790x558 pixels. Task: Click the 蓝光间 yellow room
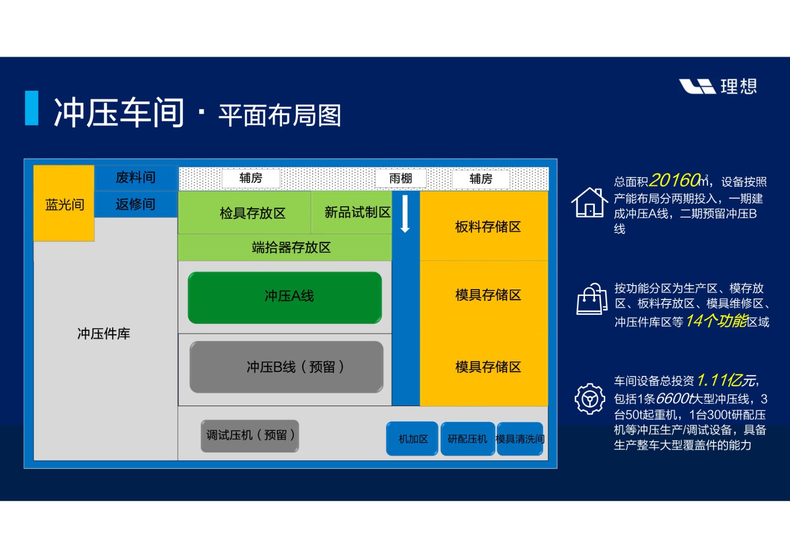pyautogui.click(x=64, y=203)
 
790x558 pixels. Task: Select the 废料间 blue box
pyautogui.click(x=136, y=178)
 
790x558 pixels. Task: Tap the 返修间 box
pyautogui.click(x=136, y=204)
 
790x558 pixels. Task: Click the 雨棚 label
pyautogui.click(x=400, y=179)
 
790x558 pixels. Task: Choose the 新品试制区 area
pyautogui.click(x=352, y=213)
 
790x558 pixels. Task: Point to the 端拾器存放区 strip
pyautogui.click(x=285, y=248)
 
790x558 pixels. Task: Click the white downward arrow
pyautogui.click(x=405, y=214)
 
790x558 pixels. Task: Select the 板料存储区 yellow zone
pyautogui.click(x=484, y=226)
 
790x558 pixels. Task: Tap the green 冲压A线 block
pyautogui.click(x=285, y=298)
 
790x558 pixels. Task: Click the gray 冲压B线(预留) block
pyautogui.click(x=286, y=367)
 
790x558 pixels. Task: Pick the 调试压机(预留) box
pyautogui.click(x=250, y=436)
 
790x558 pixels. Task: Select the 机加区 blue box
pyautogui.click(x=412, y=439)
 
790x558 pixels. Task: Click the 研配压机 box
pyautogui.click(x=468, y=439)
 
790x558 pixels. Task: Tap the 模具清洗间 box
pyautogui.click(x=520, y=439)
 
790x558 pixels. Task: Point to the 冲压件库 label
pyautogui.click(x=104, y=334)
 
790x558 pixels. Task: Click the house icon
pyautogui.click(x=590, y=202)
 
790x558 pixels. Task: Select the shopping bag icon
pyautogui.click(x=592, y=298)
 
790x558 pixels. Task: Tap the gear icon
pyautogui.click(x=590, y=399)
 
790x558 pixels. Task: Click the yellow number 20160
pyautogui.click(x=674, y=180)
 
